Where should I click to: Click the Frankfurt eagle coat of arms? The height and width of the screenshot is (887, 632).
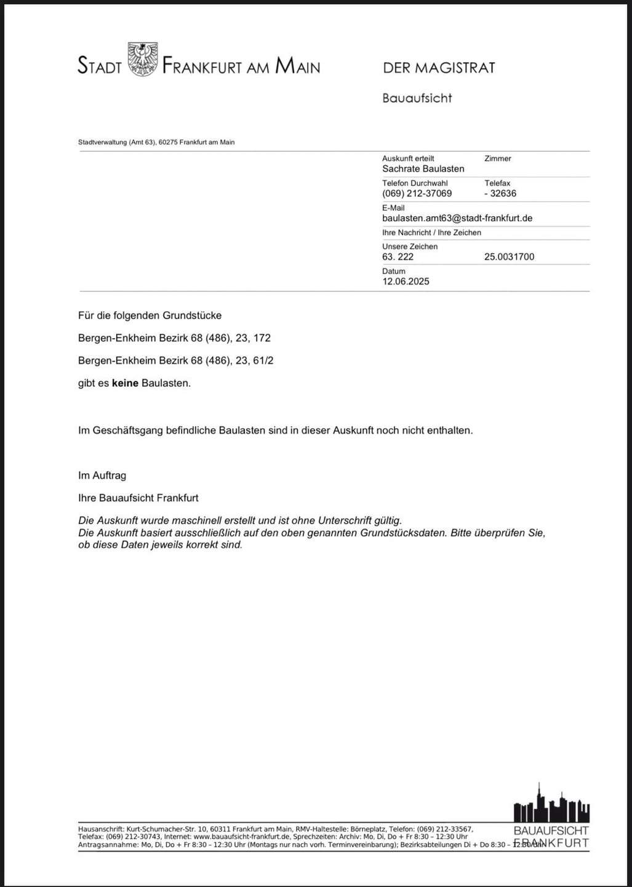click(142, 60)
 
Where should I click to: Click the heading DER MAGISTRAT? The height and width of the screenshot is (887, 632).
click(439, 68)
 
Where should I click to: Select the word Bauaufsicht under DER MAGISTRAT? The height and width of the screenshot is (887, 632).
click(417, 98)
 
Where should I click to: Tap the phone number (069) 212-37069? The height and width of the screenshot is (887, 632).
click(417, 193)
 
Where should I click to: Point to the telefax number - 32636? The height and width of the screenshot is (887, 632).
click(500, 193)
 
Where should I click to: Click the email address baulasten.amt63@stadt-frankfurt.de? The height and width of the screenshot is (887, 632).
click(457, 218)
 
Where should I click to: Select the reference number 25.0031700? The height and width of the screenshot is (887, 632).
click(509, 257)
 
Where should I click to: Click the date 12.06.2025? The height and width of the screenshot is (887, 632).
click(406, 281)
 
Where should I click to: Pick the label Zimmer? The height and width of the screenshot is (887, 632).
click(497, 158)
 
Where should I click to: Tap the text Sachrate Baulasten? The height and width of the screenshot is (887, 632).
click(423, 169)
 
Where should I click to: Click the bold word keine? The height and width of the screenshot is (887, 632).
click(125, 383)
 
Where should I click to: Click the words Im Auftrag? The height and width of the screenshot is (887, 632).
click(102, 476)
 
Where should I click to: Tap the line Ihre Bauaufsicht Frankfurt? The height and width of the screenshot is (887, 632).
click(138, 498)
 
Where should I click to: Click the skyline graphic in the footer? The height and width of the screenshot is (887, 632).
click(551, 803)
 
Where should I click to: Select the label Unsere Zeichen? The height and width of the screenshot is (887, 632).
click(409, 246)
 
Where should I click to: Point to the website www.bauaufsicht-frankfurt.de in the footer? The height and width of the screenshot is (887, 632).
click(241, 837)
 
